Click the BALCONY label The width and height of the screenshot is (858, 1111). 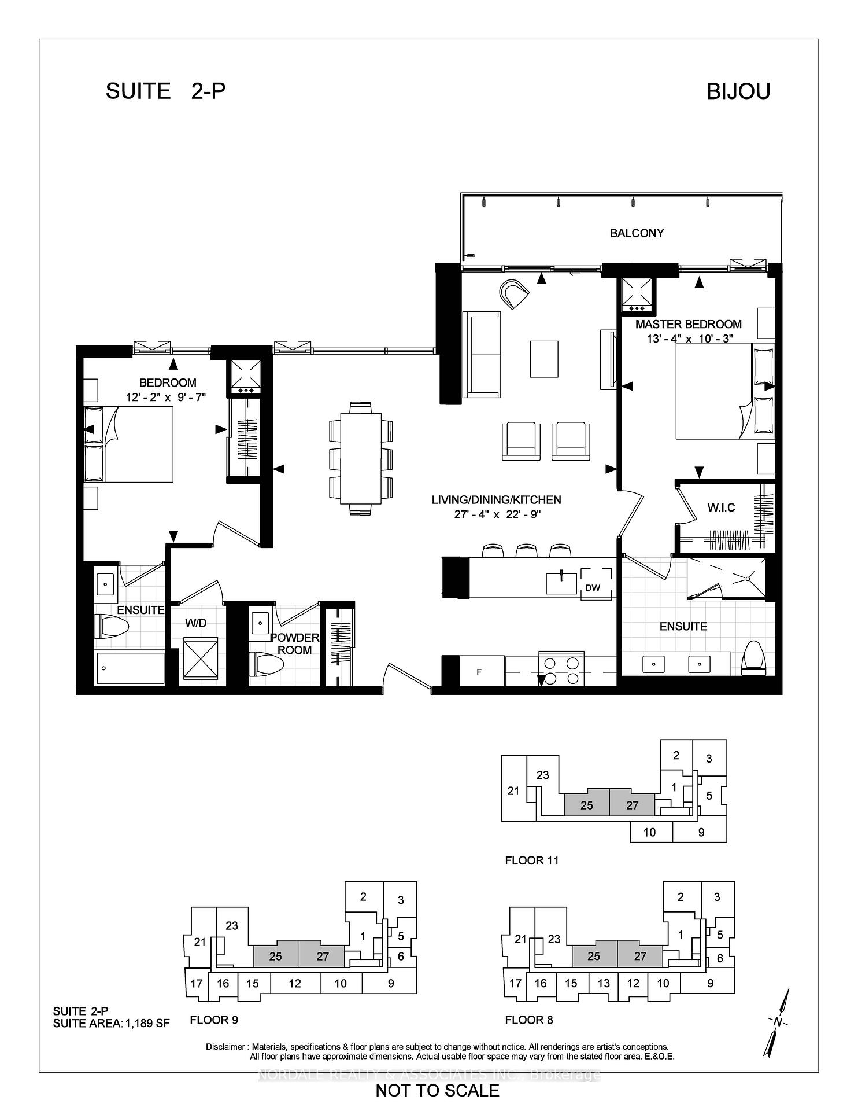coord(637,233)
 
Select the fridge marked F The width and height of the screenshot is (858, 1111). coord(480,672)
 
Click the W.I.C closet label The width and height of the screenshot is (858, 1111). coord(721,507)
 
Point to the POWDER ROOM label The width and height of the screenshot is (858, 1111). coord(295,643)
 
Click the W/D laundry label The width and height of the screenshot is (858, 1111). coord(195,623)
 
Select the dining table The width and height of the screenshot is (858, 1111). coord(361,458)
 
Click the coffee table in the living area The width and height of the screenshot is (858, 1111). coord(543,359)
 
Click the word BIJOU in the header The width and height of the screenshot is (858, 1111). coord(738,91)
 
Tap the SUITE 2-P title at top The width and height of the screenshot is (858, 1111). coord(165,91)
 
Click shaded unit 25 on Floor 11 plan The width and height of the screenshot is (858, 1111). coord(586,805)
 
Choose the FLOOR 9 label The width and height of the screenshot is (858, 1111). coord(214,1020)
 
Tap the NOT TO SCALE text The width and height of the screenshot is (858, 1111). coord(437,1091)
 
